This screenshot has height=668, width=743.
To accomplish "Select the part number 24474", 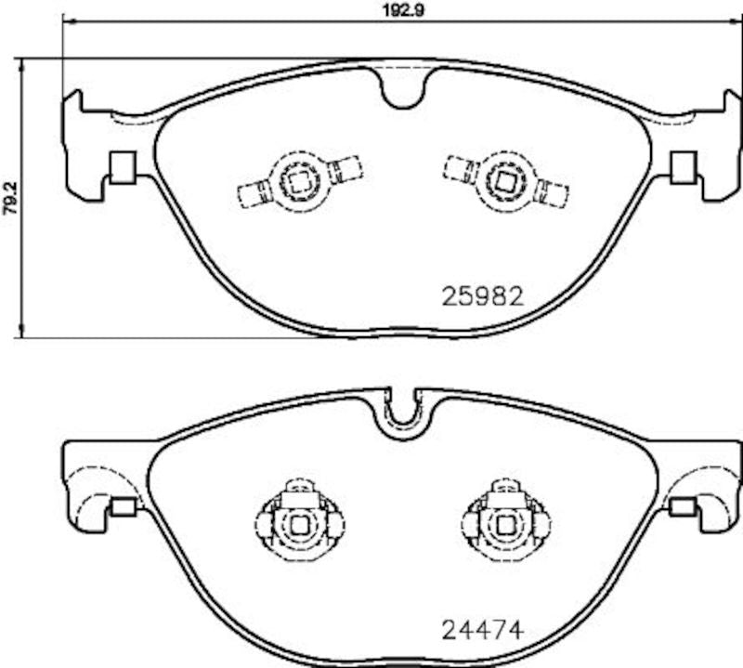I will click(x=482, y=629).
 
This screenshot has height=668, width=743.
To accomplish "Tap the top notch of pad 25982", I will click(x=403, y=87).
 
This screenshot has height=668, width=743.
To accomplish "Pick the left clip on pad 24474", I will click(x=298, y=522).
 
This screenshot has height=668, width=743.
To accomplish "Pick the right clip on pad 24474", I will click(x=506, y=522).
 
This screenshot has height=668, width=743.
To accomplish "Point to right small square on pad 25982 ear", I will click(x=684, y=166).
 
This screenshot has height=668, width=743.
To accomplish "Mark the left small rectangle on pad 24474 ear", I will click(x=122, y=506).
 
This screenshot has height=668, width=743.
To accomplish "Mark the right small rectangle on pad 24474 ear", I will click(x=684, y=506).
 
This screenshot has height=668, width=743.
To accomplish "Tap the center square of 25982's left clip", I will click(x=298, y=179).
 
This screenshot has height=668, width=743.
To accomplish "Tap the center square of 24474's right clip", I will click(x=506, y=525).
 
